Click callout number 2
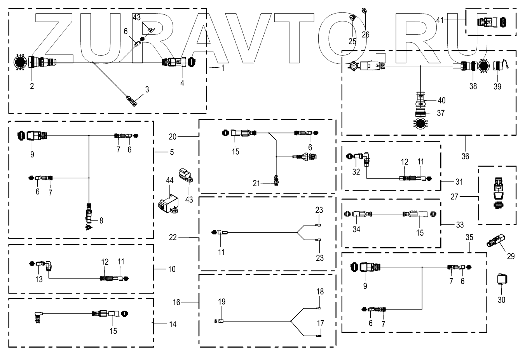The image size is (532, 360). click(32, 86)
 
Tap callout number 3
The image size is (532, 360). click(147, 90)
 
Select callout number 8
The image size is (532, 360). click(101, 221)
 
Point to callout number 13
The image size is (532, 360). click(39, 279)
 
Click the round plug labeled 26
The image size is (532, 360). click(365, 10)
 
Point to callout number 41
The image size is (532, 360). click(440, 19)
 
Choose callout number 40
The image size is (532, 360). click(441, 100)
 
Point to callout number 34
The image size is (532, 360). click(356, 229)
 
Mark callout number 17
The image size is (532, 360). click(320, 323)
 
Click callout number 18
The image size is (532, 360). click(320, 292)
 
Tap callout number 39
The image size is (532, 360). click(497, 87)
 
